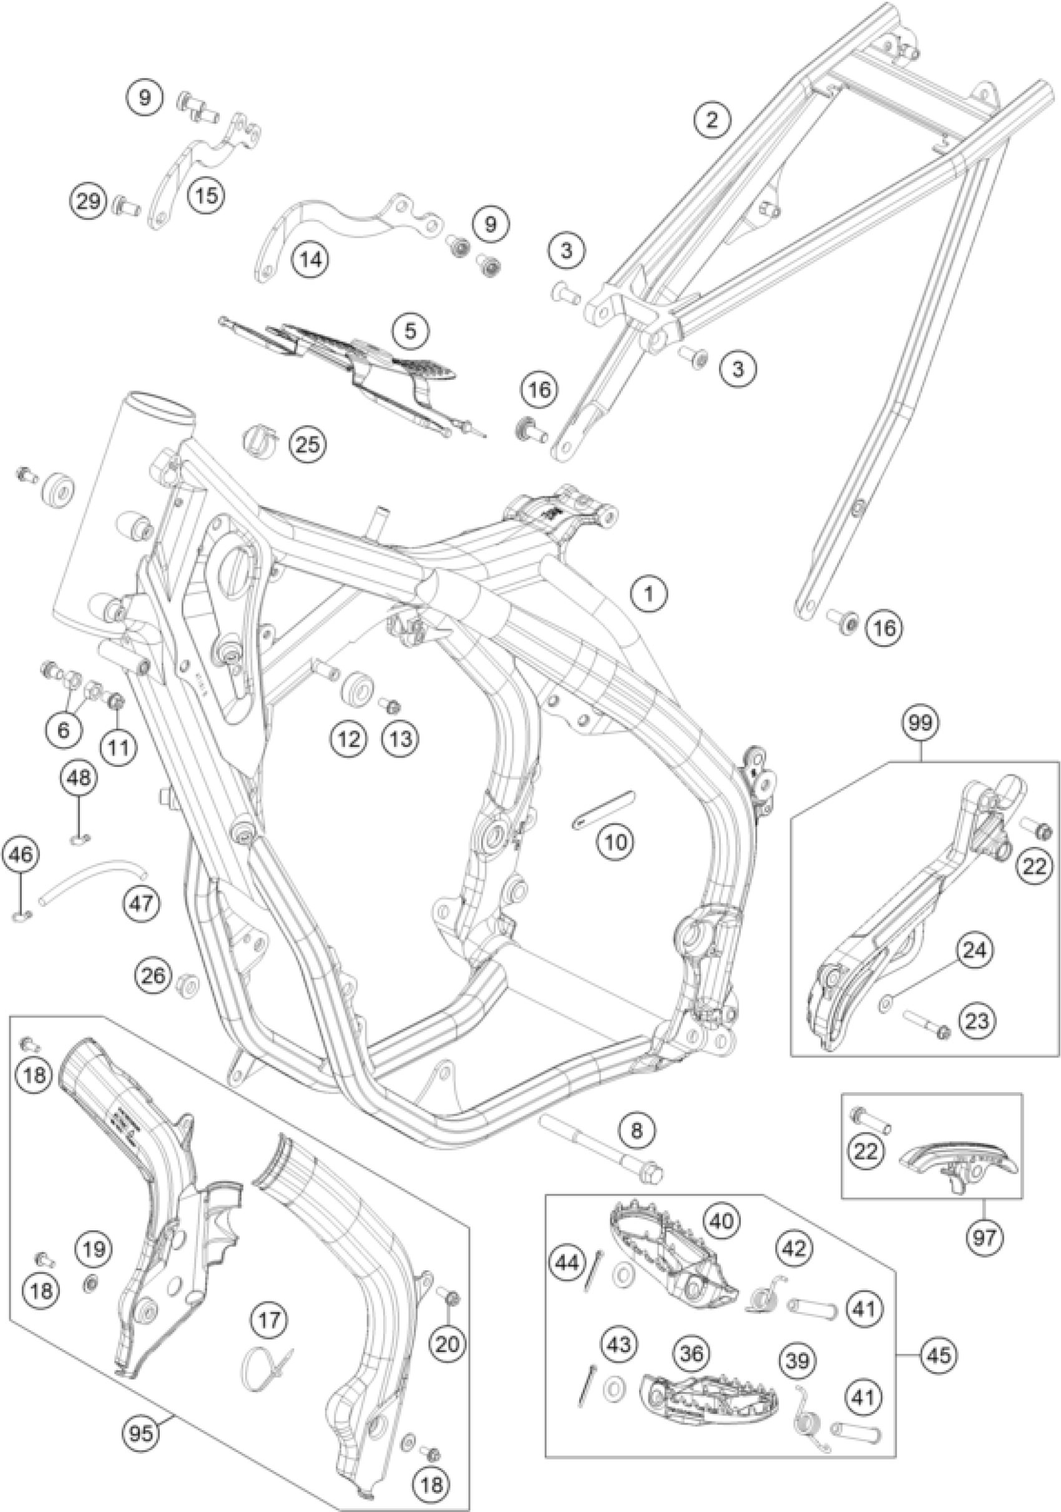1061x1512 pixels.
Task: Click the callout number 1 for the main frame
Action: pyautogui.click(x=649, y=594)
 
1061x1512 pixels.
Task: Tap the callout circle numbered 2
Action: pyautogui.click(x=711, y=120)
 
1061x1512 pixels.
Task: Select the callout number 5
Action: pyautogui.click(x=410, y=330)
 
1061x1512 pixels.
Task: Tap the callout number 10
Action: pyautogui.click(x=615, y=841)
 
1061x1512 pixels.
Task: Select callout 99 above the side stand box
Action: pyautogui.click(x=921, y=724)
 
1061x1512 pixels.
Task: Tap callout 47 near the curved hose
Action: pyautogui.click(x=142, y=903)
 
